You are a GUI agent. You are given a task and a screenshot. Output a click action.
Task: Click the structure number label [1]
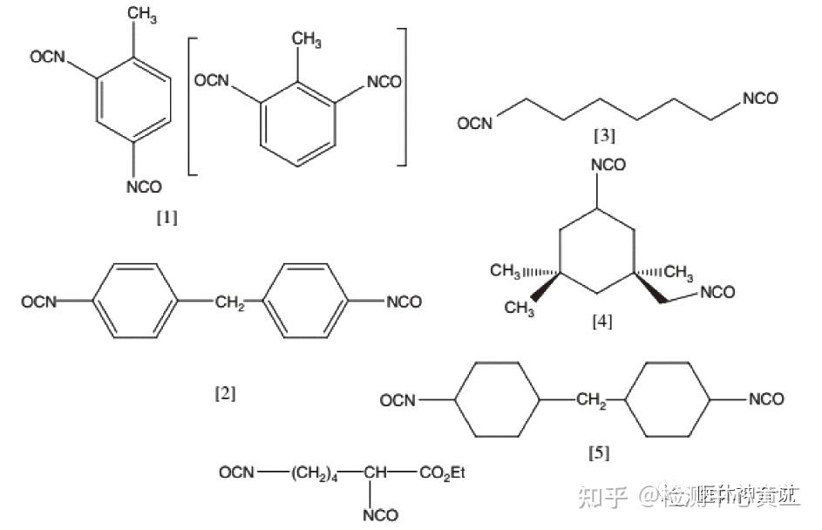click(166, 218)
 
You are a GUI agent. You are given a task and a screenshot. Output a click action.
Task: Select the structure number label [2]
click(225, 393)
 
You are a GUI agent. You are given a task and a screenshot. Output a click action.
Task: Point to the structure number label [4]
click(602, 322)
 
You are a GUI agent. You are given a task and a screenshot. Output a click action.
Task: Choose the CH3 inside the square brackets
click(306, 39)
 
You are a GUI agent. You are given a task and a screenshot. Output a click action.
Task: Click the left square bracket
click(192, 101)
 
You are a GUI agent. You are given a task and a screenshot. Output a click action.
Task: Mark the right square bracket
click(402, 96)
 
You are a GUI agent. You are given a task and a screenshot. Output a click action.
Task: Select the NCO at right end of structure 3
click(760, 99)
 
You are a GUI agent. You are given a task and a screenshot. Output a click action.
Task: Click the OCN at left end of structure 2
click(39, 302)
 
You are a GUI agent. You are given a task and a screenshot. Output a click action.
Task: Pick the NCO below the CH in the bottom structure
click(380, 515)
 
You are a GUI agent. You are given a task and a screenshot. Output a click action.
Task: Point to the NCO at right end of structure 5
click(766, 400)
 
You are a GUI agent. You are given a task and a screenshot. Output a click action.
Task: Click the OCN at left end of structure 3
click(476, 124)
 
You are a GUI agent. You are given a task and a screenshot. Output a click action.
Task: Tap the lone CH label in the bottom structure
click(376, 472)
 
